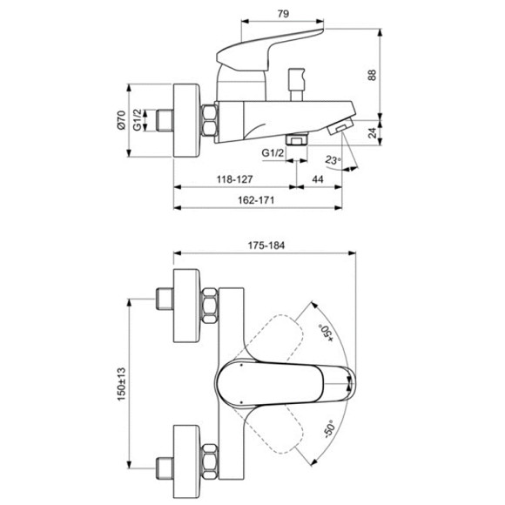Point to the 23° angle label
[333, 159]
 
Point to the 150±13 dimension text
[121, 384]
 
